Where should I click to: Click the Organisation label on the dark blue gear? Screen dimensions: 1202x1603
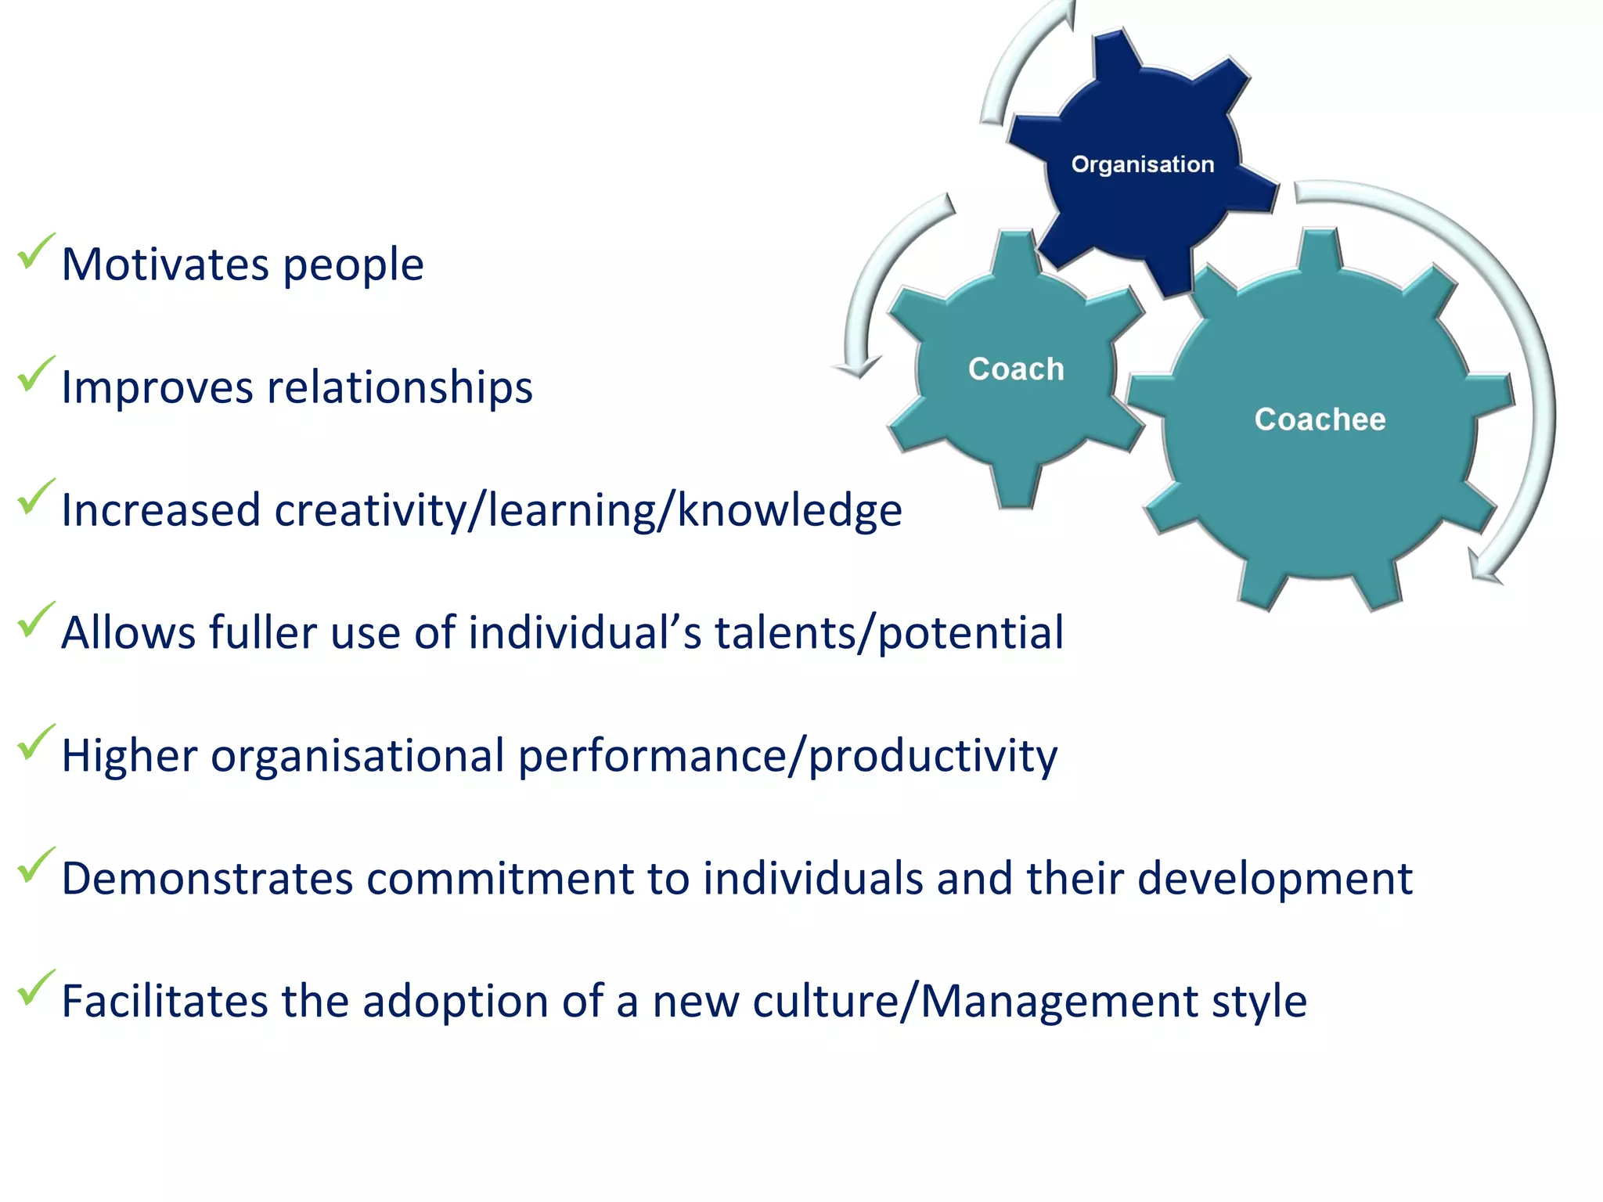click(1142, 164)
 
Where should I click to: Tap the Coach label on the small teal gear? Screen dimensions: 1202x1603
click(1016, 369)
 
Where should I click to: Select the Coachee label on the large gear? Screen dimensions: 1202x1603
click(1320, 419)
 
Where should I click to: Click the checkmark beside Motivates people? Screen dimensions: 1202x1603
click(35, 252)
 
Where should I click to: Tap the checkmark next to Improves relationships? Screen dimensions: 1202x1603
click(35, 374)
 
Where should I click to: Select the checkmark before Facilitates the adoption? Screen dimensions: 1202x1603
click(35, 988)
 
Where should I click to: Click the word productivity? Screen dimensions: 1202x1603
click(932, 756)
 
